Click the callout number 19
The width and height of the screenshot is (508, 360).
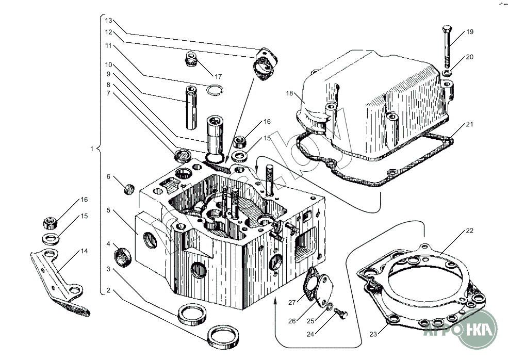point(469,32)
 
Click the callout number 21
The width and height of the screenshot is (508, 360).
point(469,124)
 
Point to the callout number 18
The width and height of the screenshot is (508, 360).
point(289,93)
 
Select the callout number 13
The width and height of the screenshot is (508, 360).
point(108,21)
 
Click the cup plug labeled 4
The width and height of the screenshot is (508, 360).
point(124,256)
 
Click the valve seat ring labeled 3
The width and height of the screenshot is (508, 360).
point(192,313)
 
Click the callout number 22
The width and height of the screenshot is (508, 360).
point(469,231)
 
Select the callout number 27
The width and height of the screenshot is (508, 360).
point(292,302)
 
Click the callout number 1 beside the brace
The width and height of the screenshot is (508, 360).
point(91,149)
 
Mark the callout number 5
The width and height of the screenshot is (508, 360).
point(108,210)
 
